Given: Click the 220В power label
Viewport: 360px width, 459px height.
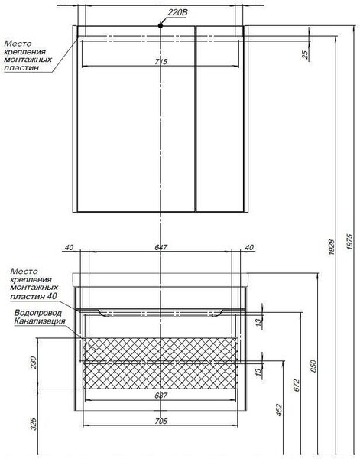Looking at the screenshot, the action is point(177,12).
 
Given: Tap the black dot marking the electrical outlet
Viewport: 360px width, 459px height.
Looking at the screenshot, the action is point(161,26).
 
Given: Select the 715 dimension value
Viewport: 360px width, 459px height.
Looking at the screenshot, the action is point(161,62).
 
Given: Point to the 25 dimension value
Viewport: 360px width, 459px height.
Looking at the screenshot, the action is point(305,55).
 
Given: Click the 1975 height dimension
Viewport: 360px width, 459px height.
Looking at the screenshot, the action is point(349,242).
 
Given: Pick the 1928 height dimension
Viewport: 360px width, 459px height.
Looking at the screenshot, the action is point(332,247).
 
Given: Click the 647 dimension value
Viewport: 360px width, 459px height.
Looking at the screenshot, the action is point(161,247).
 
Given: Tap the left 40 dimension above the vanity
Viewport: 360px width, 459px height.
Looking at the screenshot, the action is point(69,247).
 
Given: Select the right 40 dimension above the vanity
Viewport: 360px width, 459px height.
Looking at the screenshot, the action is point(249,247).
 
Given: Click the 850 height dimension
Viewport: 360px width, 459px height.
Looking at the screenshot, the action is point(313,366).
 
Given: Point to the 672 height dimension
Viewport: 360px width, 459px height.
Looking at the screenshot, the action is point(297,386).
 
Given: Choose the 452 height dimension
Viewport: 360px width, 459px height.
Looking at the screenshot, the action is point(279,410).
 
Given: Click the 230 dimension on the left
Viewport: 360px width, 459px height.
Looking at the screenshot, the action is point(34,363).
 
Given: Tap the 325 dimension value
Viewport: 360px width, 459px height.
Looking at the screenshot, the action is point(34,424).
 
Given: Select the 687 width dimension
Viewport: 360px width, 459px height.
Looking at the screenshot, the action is point(161,396).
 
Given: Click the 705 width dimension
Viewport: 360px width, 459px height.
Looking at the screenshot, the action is point(161,421).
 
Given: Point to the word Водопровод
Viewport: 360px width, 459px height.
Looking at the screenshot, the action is point(38,313).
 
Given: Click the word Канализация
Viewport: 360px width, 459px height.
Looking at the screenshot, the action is point(40,321).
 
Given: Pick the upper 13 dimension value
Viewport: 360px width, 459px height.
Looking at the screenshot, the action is point(258,322).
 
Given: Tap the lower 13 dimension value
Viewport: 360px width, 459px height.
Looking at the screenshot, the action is point(258,372).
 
